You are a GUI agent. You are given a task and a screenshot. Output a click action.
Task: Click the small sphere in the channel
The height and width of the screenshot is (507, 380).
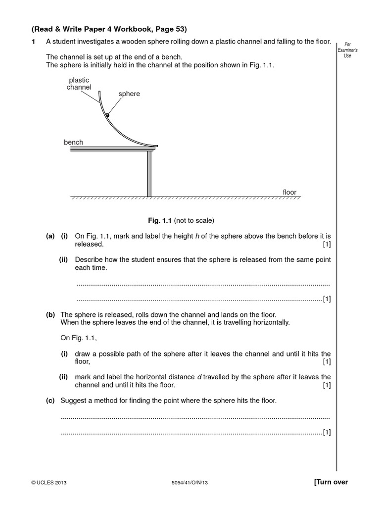coord(107,114)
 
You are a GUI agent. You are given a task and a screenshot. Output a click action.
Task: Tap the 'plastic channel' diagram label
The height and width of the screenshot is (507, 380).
coord(79,84)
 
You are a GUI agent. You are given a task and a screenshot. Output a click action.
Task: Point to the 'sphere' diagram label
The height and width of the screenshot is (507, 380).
coord(129,94)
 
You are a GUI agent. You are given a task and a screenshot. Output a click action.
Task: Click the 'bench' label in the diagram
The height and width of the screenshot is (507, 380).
coord(73,142)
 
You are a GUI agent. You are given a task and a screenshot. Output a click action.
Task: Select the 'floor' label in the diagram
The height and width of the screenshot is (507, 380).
coord(289,192)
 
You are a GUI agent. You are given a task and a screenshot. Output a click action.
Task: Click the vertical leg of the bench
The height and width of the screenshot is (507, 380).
coord(149,173)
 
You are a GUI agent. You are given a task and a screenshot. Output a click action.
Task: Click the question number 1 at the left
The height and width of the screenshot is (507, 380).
coord(34,43)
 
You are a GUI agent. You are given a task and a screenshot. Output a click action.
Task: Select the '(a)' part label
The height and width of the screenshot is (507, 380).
coord(50,236)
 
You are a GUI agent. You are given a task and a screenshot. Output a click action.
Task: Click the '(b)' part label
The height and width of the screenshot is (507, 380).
coord(50,314)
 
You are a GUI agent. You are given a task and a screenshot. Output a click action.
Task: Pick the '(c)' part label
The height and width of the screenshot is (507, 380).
coord(50,400)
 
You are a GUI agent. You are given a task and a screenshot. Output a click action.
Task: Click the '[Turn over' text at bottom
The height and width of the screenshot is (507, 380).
coord(331,482)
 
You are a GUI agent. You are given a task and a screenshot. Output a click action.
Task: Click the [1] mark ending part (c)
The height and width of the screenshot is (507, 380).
coord(327,433)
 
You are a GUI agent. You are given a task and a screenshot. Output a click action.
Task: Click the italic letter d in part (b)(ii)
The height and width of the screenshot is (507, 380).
coord(199,377)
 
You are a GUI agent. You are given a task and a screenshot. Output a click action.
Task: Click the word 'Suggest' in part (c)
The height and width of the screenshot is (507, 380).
coord(73,400)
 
